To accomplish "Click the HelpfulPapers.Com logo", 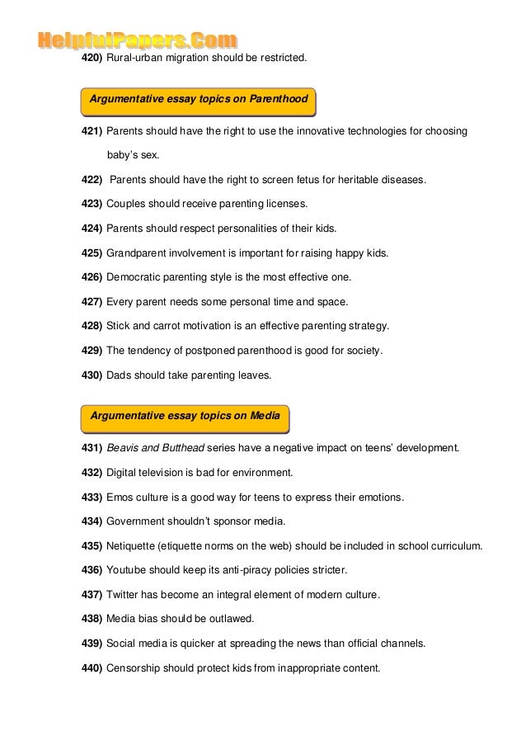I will click(137, 40).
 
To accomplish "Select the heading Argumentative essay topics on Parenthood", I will click(198, 100).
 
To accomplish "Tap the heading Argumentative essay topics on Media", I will click(185, 416).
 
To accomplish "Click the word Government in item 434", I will click(138, 521).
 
